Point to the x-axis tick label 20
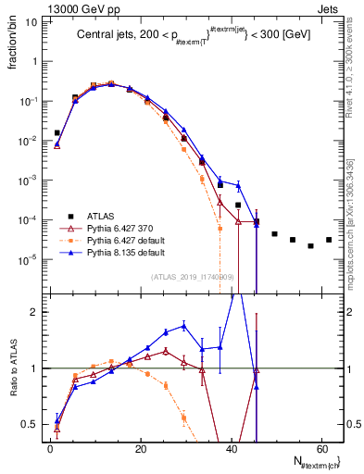coord(141,448)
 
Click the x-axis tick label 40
coord(232,448)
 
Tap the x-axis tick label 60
coord(321,448)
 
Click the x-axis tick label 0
coord(50,448)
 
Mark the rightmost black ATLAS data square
coord(329,240)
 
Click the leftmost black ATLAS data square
coord(57,133)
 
